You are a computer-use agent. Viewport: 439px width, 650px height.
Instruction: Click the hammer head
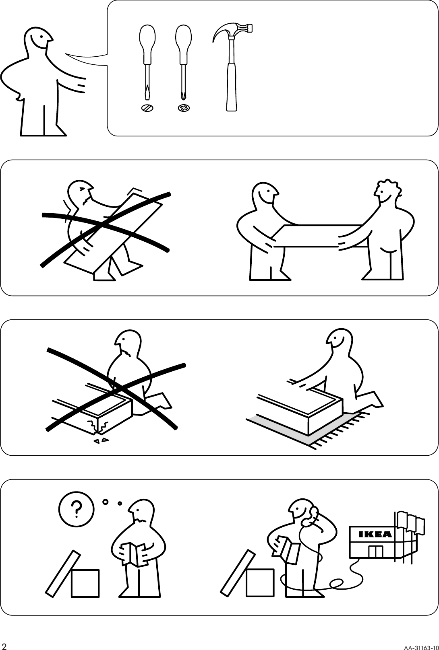coord(236,29)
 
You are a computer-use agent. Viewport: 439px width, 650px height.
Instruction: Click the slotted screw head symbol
coord(147,108)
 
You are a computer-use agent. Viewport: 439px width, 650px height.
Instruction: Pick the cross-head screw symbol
coord(184,108)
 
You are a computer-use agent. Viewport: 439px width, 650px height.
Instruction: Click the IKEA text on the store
coord(375,535)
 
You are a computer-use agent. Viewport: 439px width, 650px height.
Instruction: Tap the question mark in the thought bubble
coord(76,509)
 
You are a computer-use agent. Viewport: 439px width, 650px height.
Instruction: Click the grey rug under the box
coord(282,430)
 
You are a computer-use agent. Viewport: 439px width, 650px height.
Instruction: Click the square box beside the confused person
coord(85,583)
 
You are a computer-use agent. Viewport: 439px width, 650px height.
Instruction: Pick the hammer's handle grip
coord(231,86)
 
